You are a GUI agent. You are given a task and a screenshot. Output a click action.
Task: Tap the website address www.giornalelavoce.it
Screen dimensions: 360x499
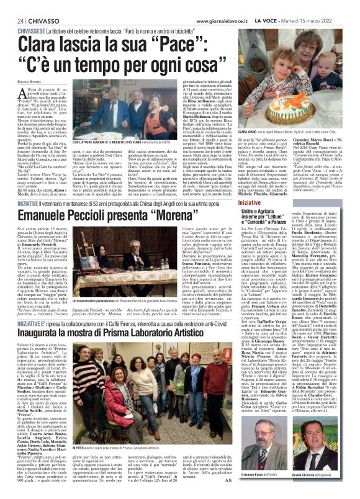click(224, 5)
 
